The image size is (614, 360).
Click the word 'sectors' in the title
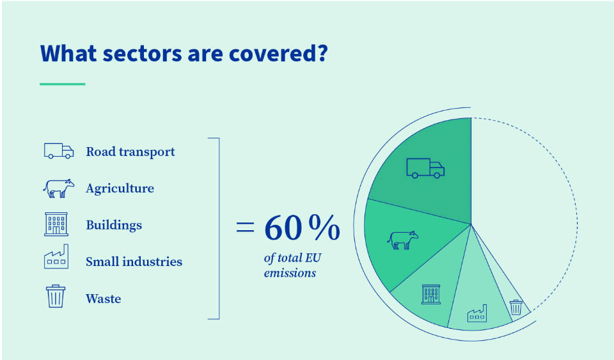point(142,54)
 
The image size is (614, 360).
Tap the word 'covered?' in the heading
point(278,53)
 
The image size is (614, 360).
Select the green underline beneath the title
point(62,84)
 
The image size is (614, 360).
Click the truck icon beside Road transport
point(59,151)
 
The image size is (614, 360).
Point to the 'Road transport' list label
point(130,152)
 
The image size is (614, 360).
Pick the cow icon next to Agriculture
point(58,188)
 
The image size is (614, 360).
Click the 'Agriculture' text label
point(120,189)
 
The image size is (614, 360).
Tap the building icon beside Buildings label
point(56,224)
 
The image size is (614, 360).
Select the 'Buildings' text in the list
point(114,225)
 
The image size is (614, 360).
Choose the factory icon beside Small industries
point(56,256)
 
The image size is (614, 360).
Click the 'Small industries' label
point(134,262)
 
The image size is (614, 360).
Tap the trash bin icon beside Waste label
point(56,296)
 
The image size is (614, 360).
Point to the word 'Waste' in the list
point(104,299)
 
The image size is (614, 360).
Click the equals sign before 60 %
point(245,227)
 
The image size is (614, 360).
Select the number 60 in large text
point(283,228)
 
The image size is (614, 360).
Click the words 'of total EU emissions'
point(292,265)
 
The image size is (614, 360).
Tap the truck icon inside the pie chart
point(425,168)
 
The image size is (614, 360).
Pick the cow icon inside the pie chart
point(402,240)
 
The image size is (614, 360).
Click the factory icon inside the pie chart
point(477,313)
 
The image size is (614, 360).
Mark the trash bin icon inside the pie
point(516,308)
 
